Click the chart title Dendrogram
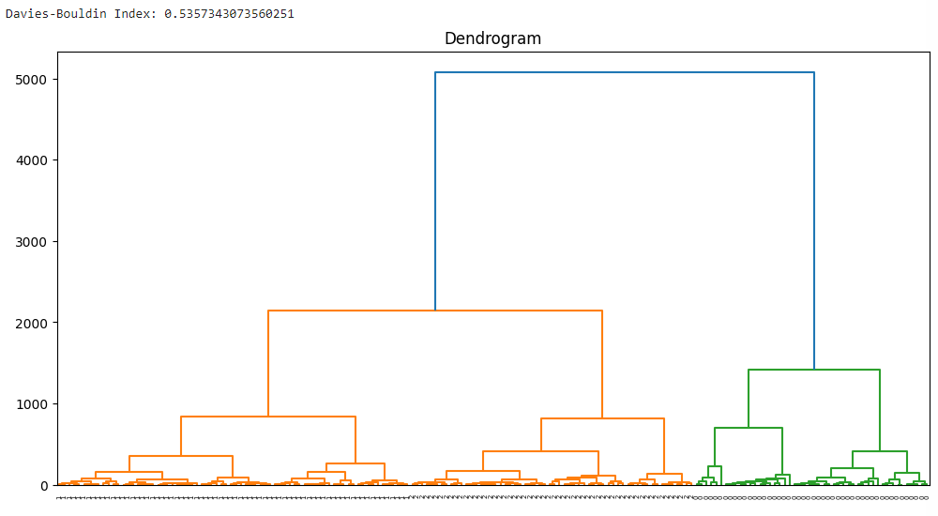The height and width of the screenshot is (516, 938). [492, 38]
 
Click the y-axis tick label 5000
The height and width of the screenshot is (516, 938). [33, 80]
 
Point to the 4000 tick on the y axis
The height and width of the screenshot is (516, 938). [33, 160]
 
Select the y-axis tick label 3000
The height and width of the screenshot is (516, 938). [33, 242]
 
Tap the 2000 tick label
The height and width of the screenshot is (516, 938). [33, 323]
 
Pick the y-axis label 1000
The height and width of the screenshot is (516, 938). [33, 404]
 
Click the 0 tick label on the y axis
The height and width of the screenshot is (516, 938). [44, 485]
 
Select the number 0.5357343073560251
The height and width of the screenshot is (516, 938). [229, 14]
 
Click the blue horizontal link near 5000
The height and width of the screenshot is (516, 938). [624, 72]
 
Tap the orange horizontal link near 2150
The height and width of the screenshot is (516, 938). [434, 311]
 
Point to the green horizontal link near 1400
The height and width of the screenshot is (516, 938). [813, 370]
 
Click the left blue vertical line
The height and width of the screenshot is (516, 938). [435, 188]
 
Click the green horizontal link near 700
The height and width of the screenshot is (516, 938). [748, 428]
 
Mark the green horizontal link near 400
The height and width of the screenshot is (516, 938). [879, 451]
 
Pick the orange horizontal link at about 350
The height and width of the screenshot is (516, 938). [180, 456]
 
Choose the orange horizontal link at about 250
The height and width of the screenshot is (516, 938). [355, 463]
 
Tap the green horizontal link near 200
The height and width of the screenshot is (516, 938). [852, 468]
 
